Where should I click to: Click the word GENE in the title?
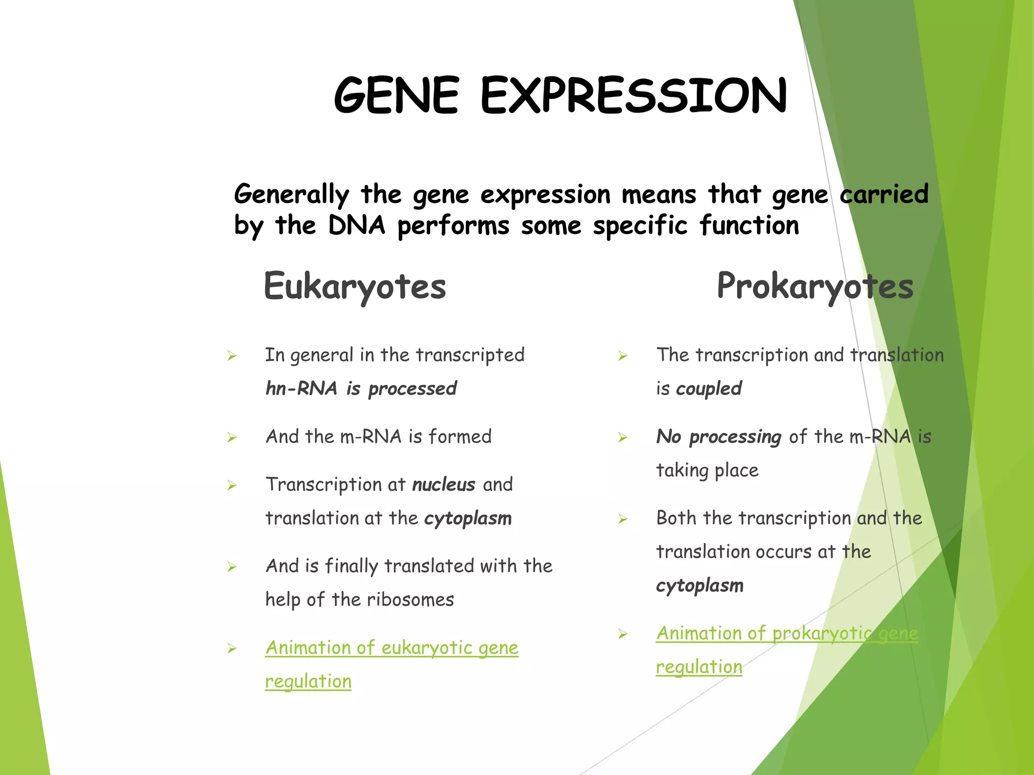point(396,96)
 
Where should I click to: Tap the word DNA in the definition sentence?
point(356,226)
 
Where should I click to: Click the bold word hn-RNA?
point(301,389)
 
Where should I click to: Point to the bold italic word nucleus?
point(443,484)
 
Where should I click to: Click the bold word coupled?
point(708,389)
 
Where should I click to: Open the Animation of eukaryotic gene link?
point(392,647)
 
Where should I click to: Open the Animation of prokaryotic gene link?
point(787,633)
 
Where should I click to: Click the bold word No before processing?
point(669,436)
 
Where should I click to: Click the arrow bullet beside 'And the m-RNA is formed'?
point(232,437)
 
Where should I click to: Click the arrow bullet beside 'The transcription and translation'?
point(623,356)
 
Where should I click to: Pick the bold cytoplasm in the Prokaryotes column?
point(700,585)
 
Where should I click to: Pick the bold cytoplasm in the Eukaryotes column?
point(468,518)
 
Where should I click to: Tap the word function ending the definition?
point(749,226)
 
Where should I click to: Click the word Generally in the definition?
point(291,195)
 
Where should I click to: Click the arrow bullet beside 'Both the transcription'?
point(623,519)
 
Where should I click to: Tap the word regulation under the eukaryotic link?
point(308,681)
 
